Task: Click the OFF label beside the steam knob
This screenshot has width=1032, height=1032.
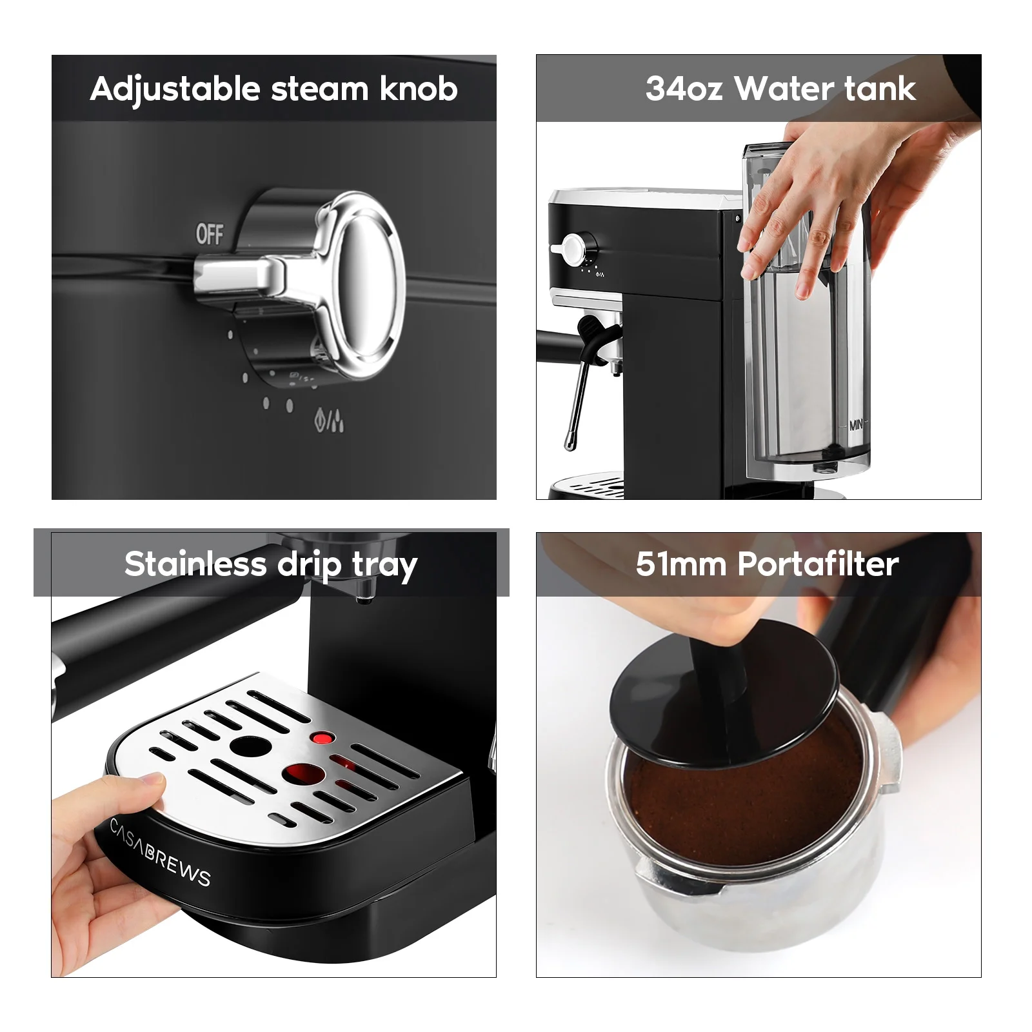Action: [210, 233]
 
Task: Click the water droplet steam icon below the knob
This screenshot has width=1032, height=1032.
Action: [329, 421]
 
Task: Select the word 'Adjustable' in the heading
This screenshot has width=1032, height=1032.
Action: [175, 89]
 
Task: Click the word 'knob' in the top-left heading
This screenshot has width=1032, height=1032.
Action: [419, 89]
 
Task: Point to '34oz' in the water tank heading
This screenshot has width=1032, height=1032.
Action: [684, 89]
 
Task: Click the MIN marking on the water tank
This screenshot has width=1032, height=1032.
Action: [856, 425]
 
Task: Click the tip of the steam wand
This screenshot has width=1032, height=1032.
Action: [569, 444]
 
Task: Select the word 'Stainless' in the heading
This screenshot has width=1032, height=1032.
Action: [195, 564]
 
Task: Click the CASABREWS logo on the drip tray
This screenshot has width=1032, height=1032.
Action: [160, 853]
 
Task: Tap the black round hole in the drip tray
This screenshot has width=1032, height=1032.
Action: [250, 747]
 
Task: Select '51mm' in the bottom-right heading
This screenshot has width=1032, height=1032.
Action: [681, 564]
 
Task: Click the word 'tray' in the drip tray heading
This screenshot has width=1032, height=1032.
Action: [384, 566]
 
